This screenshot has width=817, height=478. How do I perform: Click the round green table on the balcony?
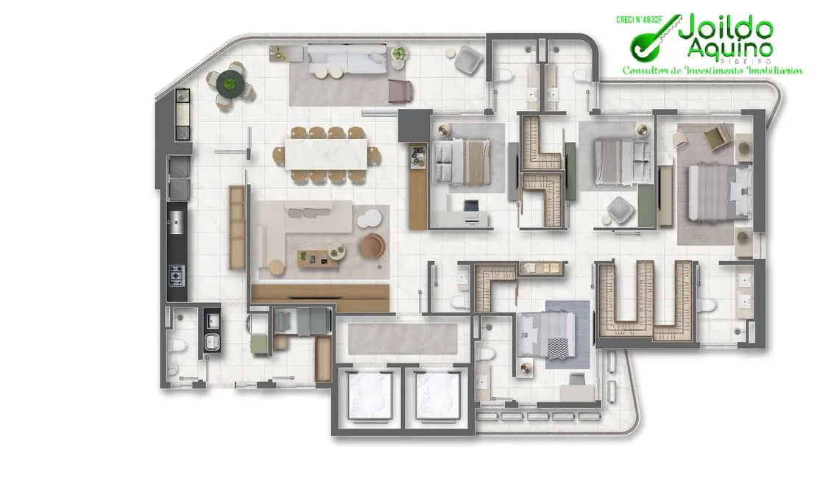pyautogui.click(x=232, y=83)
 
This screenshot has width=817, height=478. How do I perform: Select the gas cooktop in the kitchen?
pyautogui.click(x=177, y=277)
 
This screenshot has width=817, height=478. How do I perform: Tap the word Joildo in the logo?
pyautogui.click(x=725, y=30)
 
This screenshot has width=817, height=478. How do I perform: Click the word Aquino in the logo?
pyautogui.click(x=729, y=49)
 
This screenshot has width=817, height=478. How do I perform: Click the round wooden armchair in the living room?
pyautogui.click(x=372, y=246)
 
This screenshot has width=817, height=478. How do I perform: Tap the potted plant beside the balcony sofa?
pyautogui.click(x=399, y=54)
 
